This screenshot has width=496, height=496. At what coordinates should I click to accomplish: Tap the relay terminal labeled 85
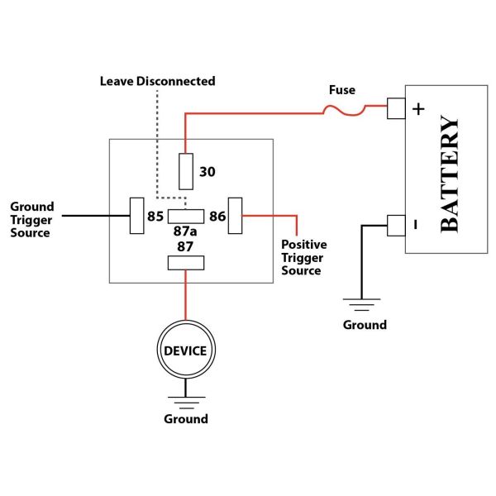click(x=136, y=216)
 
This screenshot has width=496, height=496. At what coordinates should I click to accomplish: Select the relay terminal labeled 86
click(x=235, y=216)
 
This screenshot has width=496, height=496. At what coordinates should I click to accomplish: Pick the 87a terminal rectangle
click(x=185, y=217)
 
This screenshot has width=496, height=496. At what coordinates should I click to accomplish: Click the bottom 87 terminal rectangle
click(x=185, y=263)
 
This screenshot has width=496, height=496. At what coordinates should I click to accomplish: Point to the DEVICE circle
click(x=185, y=351)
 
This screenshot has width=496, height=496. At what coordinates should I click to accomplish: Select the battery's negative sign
click(x=417, y=224)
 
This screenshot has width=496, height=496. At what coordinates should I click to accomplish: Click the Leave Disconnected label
click(x=157, y=81)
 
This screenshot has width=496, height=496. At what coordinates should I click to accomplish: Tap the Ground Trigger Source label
click(x=31, y=219)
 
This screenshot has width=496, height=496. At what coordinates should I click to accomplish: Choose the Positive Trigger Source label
click(x=304, y=257)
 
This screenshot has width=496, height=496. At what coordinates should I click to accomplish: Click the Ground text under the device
click(x=185, y=419)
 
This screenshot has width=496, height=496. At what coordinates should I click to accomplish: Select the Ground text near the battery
click(x=365, y=325)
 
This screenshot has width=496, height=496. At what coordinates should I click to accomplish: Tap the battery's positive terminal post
click(x=396, y=108)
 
